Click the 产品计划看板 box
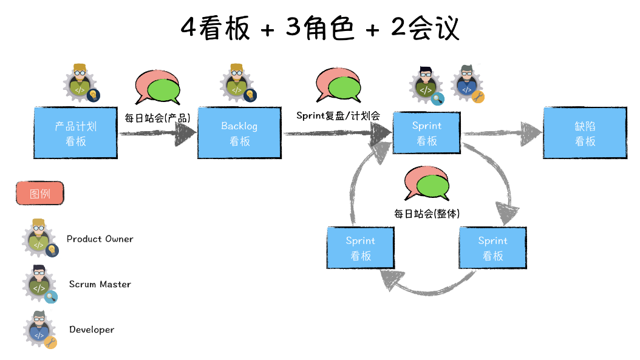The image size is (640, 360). click(76, 134)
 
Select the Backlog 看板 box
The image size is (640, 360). click(239, 134)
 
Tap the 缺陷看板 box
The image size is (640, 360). click(585, 134)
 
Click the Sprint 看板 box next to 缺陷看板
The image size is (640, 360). click(427, 133)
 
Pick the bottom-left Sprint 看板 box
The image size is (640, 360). click(361, 248)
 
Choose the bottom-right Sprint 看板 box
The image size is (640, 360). click(493, 248)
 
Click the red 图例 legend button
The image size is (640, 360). click(39, 194)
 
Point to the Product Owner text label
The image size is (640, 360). click(100, 239)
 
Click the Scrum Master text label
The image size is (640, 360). click(100, 284)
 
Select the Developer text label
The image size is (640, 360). click(92, 330)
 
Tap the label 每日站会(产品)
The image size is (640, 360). click(157, 118)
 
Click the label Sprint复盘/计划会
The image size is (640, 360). click(338, 115)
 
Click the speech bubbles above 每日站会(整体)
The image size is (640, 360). click(426, 184)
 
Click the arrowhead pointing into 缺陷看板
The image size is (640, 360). click(531, 133)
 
